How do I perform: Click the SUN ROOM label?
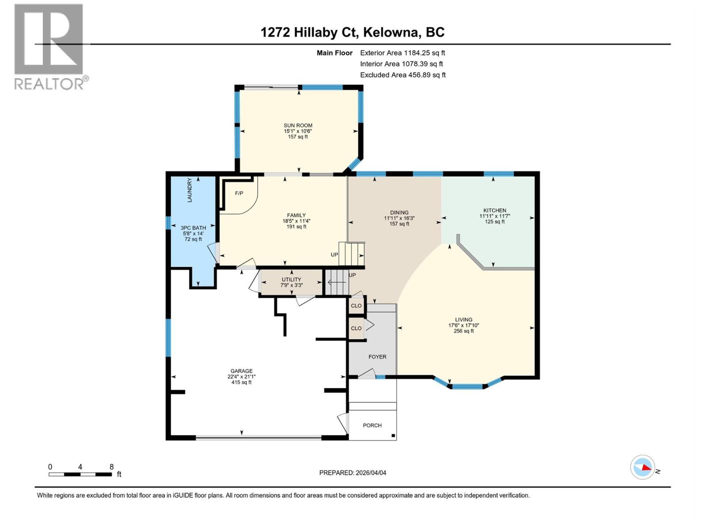pos(298,125)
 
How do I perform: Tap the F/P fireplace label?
pos(239,193)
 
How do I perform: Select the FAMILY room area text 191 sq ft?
pos(296,227)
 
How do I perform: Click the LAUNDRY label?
pos(190,190)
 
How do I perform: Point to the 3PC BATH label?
pos(193,228)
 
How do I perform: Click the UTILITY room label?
pos(291,280)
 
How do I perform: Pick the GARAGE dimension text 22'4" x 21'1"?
pos(241,377)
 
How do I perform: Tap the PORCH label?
pos(372,425)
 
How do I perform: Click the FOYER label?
pos(377,357)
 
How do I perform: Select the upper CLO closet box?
pos(356,306)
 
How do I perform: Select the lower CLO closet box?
pos(356,328)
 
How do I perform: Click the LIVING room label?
pos(463,319)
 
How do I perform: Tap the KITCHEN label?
pos(495,211)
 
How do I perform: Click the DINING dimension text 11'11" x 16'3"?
pos(399,218)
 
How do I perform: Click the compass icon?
pos(642,467)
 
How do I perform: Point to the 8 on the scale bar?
pos(112,467)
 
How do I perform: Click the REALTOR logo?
pos(49,46)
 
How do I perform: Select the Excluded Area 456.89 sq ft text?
pos(403,75)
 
